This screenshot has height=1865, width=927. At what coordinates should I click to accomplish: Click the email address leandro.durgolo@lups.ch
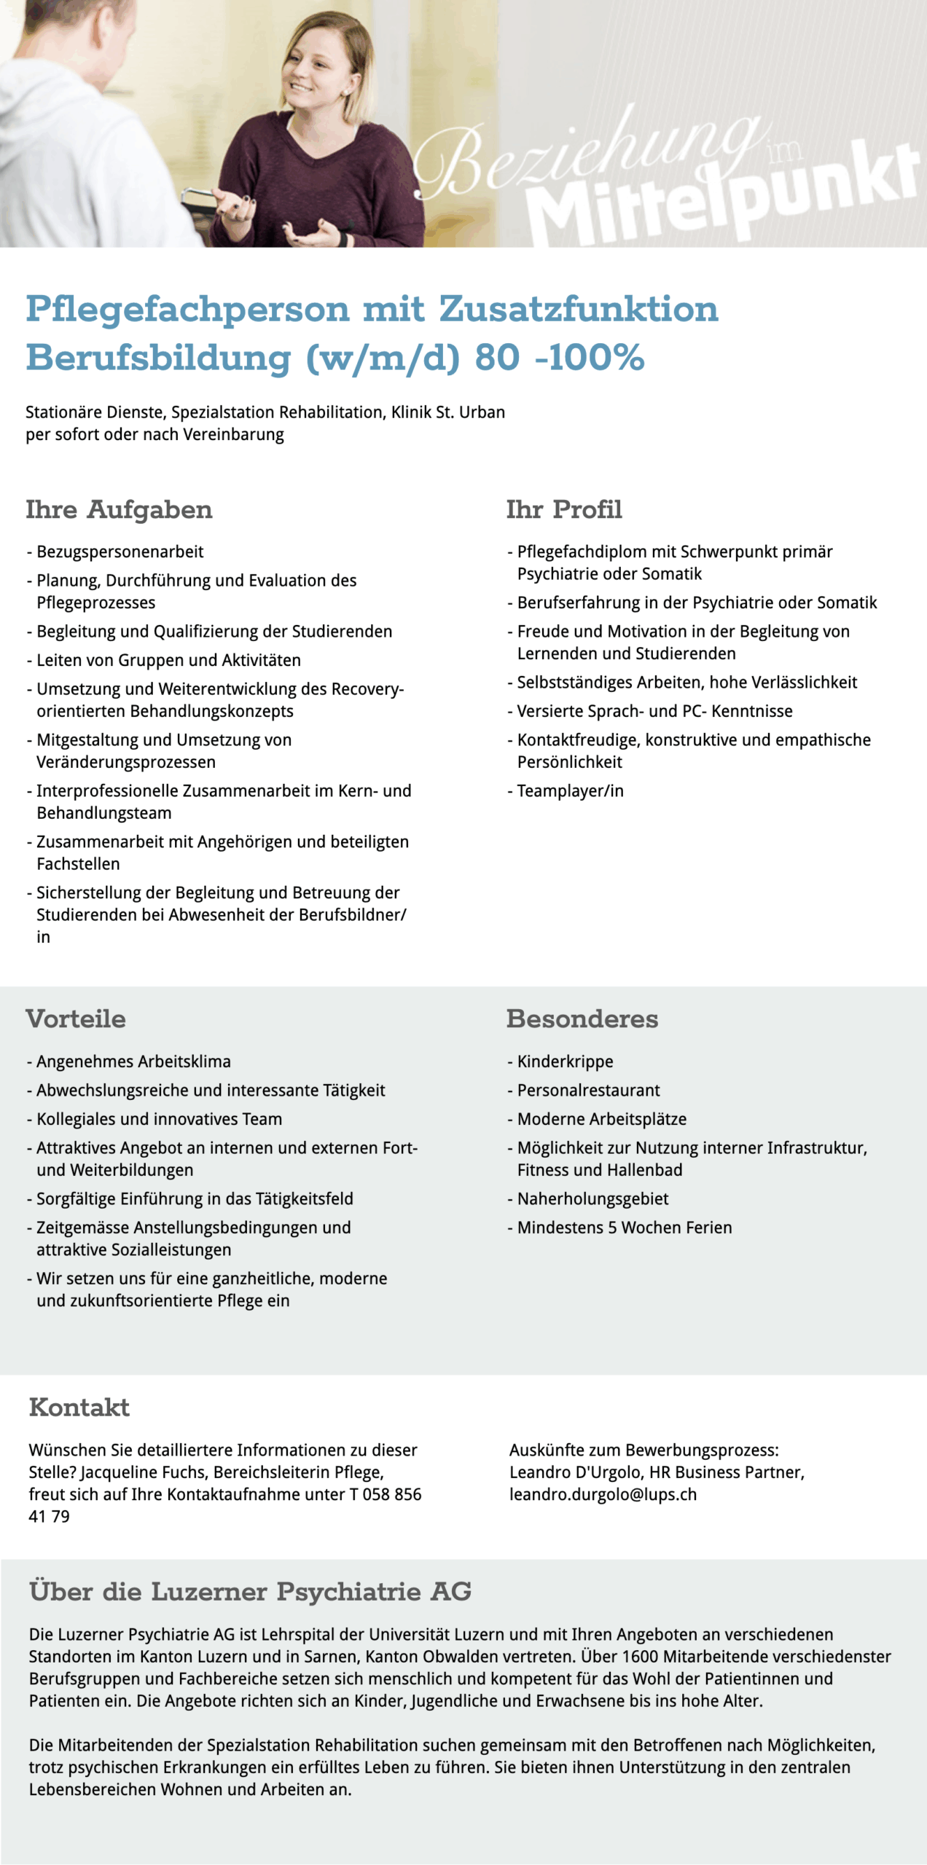[603, 1494]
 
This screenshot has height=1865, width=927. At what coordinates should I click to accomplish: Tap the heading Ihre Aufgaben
[119, 510]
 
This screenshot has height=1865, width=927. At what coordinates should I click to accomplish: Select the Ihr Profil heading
[564, 510]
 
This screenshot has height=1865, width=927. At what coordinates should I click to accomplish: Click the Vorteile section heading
[76, 1018]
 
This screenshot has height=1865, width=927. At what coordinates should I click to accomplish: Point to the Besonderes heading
[582, 1018]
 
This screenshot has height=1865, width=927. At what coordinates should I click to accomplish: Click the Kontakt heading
[79, 1407]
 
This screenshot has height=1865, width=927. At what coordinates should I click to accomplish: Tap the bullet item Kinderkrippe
[565, 1061]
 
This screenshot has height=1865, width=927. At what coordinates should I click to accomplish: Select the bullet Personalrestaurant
[588, 1090]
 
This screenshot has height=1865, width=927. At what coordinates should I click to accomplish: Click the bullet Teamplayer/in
[570, 790]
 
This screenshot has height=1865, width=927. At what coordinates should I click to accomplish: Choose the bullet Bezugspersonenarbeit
[120, 551]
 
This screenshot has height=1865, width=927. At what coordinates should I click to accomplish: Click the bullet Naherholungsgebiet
[592, 1198]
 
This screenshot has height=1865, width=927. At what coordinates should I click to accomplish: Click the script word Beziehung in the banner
[583, 153]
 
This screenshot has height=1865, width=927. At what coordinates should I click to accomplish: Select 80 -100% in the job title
[560, 358]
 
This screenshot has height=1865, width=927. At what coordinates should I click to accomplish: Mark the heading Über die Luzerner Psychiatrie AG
[250, 1591]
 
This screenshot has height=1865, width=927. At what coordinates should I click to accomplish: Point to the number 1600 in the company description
[640, 1657]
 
